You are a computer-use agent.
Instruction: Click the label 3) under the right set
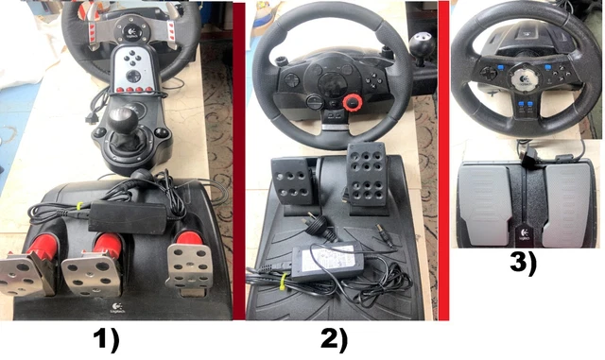[519, 264]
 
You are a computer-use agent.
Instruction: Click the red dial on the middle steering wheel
[355, 102]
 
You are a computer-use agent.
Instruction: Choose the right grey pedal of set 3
[568, 198]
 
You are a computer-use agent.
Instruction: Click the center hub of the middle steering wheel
[325, 90]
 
